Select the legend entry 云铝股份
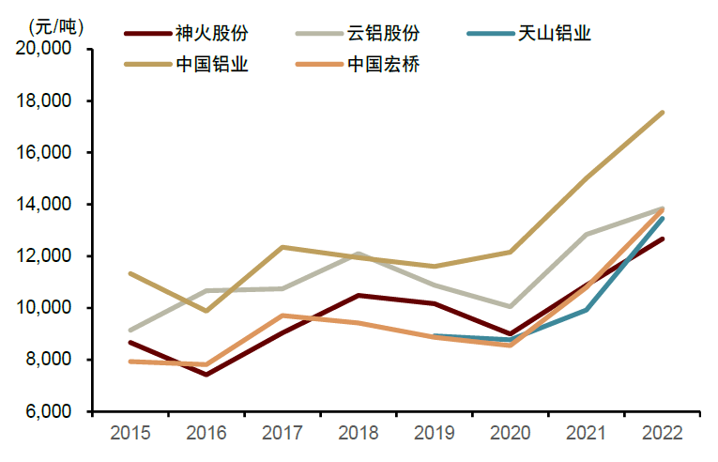pyautogui.click(x=383, y=35)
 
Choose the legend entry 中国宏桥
pyautogui.click(x=383, y=65)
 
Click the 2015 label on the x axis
pyautogui.click(x=130, y=433)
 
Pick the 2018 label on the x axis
pyautogui.click(x=358, y=433)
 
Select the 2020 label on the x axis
pyautogui.click(x=510, y=433)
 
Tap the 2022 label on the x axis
pyautogui.click(x=662, y=433)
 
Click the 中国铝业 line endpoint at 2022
pyautogui.click(x=663, y=113)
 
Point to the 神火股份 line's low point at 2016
pyautogui.click(x=206, y=375)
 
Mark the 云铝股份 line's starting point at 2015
pyautogui.click(x=130, y=331)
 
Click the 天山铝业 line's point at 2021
pyautogui.click(x=587, y=310)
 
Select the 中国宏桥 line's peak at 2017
pyautogui.click(x=282, y=316)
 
